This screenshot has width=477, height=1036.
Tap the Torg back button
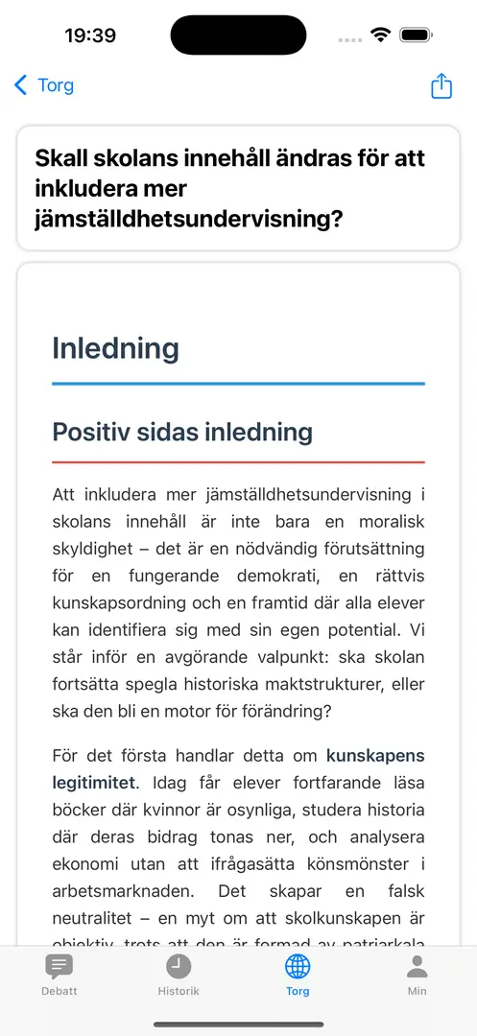coord(44,85)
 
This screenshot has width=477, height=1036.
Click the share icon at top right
coord(441,85)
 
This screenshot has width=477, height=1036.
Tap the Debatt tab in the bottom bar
coord(60,974)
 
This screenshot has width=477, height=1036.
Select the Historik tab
coord(179,974)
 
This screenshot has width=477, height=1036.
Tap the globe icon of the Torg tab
coord(298,965)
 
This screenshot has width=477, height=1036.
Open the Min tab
coord(417,974)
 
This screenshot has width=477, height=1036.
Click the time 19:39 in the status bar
coord(90,35)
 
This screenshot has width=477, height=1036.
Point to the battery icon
coord(416,35)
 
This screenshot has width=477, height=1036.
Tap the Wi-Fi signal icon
coord(380,35)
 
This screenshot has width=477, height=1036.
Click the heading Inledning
coord(115,348)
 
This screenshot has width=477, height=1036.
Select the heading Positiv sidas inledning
coord(182,432)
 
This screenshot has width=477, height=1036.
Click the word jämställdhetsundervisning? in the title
coord(189,219)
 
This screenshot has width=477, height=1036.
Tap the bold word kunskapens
coord(375,755)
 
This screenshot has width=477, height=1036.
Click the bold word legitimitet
coord(94,783)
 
